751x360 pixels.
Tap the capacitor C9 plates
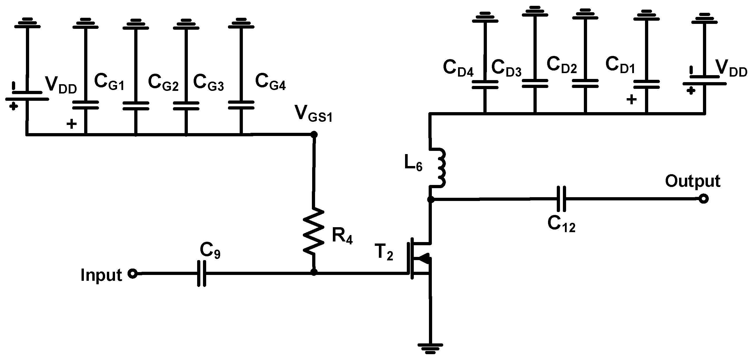pos(202,273)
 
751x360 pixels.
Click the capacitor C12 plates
pos(561,199)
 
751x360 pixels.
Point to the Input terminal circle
pos(133,273)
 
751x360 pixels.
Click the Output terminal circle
pos(704,199)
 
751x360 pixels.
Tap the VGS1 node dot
pos(314,134)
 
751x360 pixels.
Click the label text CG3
pos(208,82)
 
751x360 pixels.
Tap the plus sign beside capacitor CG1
pos(71,124)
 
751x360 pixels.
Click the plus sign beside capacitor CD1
pos(631,100)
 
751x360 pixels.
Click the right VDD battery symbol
pos(704,80)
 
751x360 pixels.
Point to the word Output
pos(692,181)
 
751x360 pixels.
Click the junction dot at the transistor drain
pos(430,200)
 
